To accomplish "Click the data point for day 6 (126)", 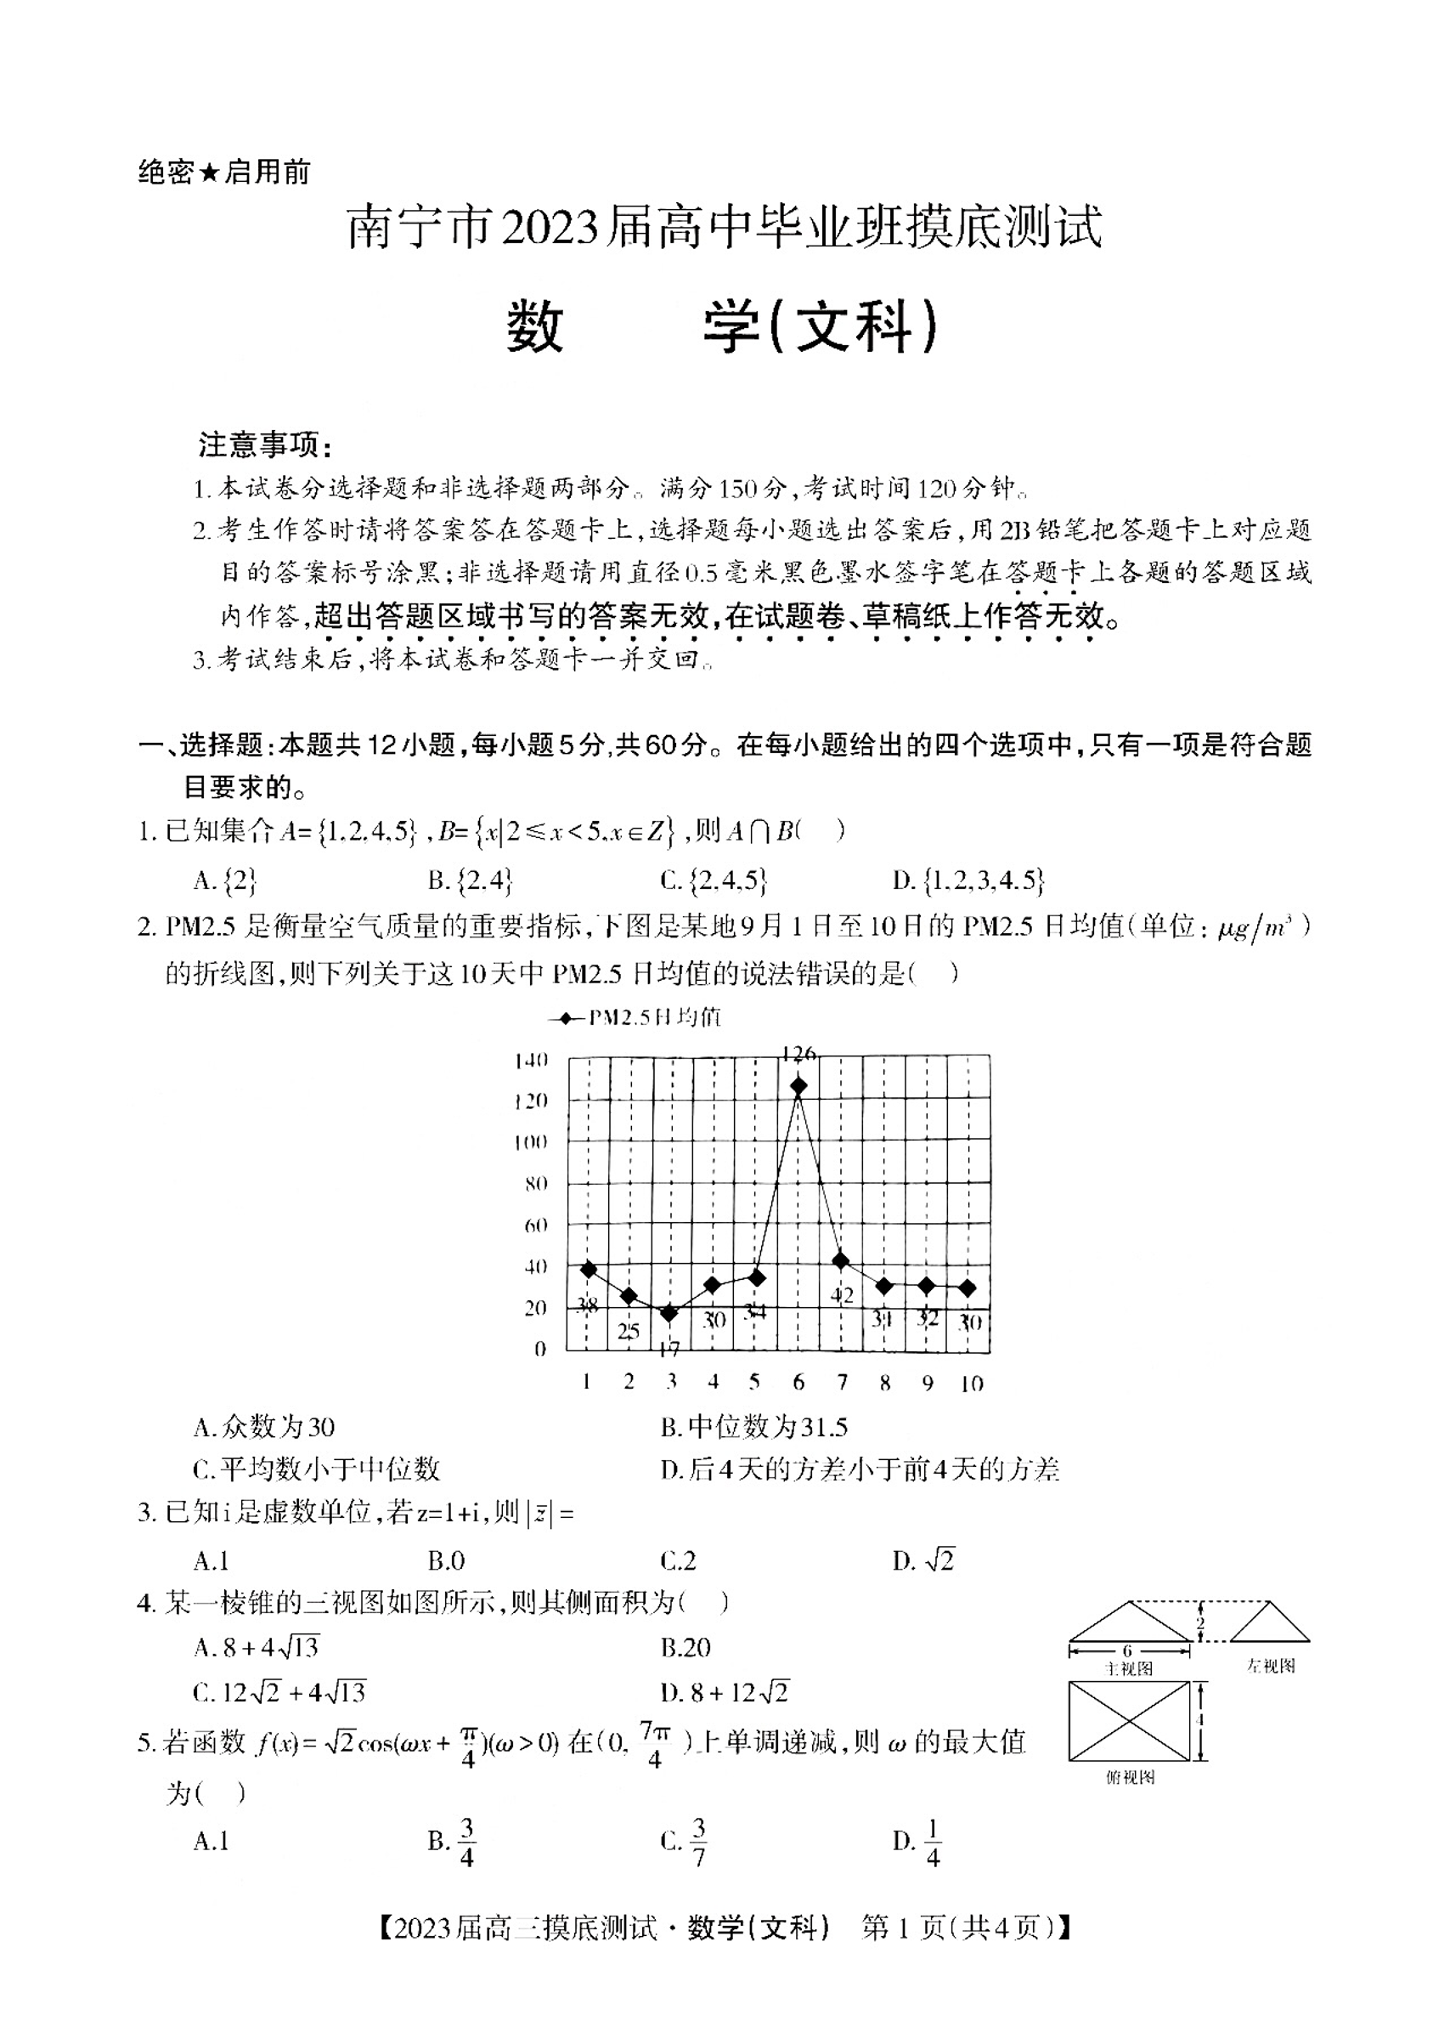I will (x=798, y=1086).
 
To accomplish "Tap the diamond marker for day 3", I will (x=669, y=1313).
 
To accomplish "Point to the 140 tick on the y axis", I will (x=531, y=1060).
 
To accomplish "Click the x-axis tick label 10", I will (x=972, y=1384).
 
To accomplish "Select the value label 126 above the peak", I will (x=798, y=1054).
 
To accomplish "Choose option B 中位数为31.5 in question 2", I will (x=753, y=1427).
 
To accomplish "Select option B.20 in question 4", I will (x=686, y=1648).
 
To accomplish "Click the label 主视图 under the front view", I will (x=1130, y=1668).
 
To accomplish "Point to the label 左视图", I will (x=1270, y=1666).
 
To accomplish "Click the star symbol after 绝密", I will (x=209, y=172).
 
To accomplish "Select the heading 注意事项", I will (x=265, y=444).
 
